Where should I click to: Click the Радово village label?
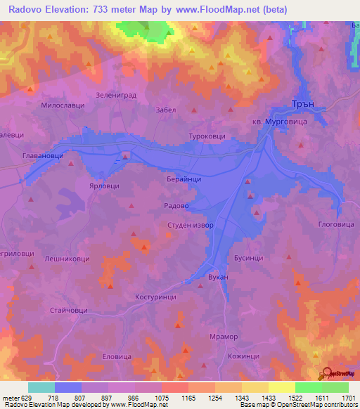176,206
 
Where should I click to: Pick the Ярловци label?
104,186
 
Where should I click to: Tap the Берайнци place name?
184,180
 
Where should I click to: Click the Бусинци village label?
248,258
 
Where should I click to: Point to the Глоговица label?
333,225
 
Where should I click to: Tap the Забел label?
164,110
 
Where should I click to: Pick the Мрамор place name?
224,337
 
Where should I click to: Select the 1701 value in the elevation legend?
347,398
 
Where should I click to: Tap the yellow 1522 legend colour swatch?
281,387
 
